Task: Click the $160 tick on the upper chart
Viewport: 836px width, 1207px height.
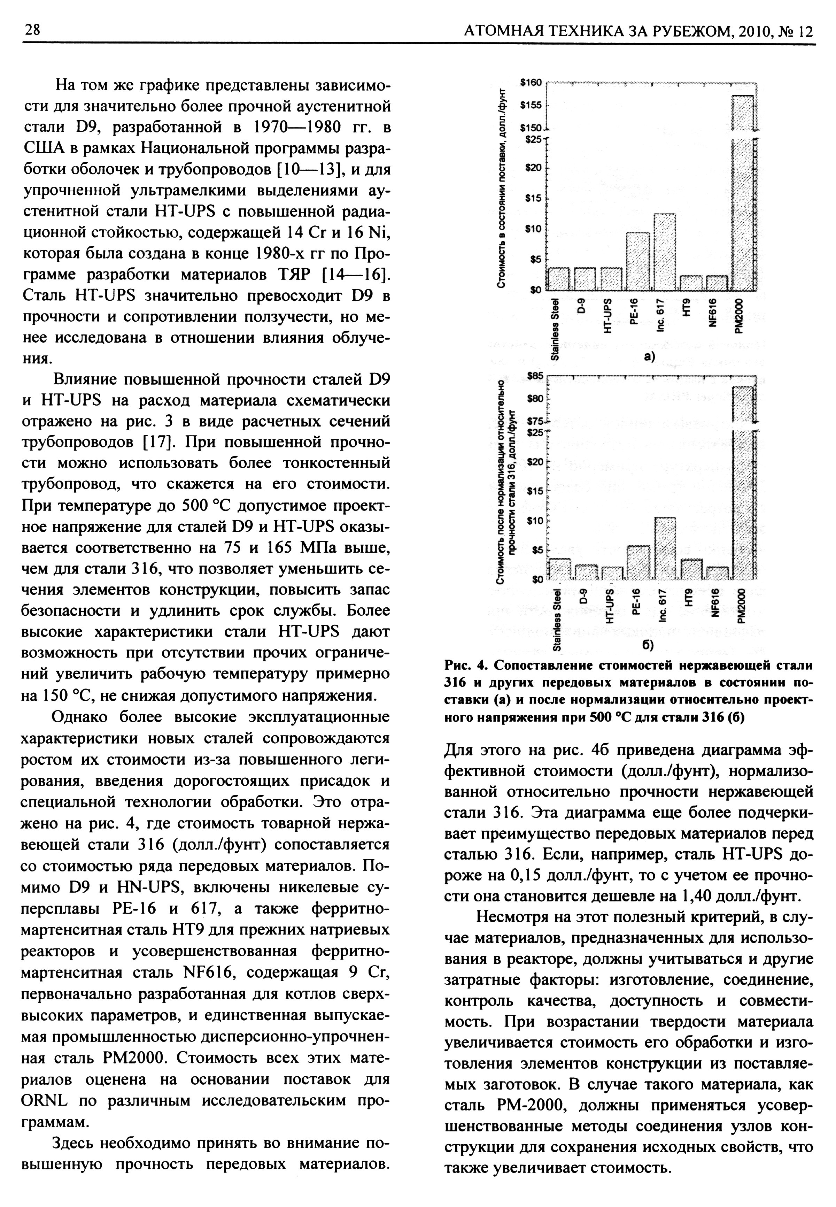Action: click(533, 82)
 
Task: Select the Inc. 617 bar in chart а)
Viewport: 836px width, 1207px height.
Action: click(665, 252)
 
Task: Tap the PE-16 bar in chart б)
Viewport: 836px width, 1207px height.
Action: click(638, 563)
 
